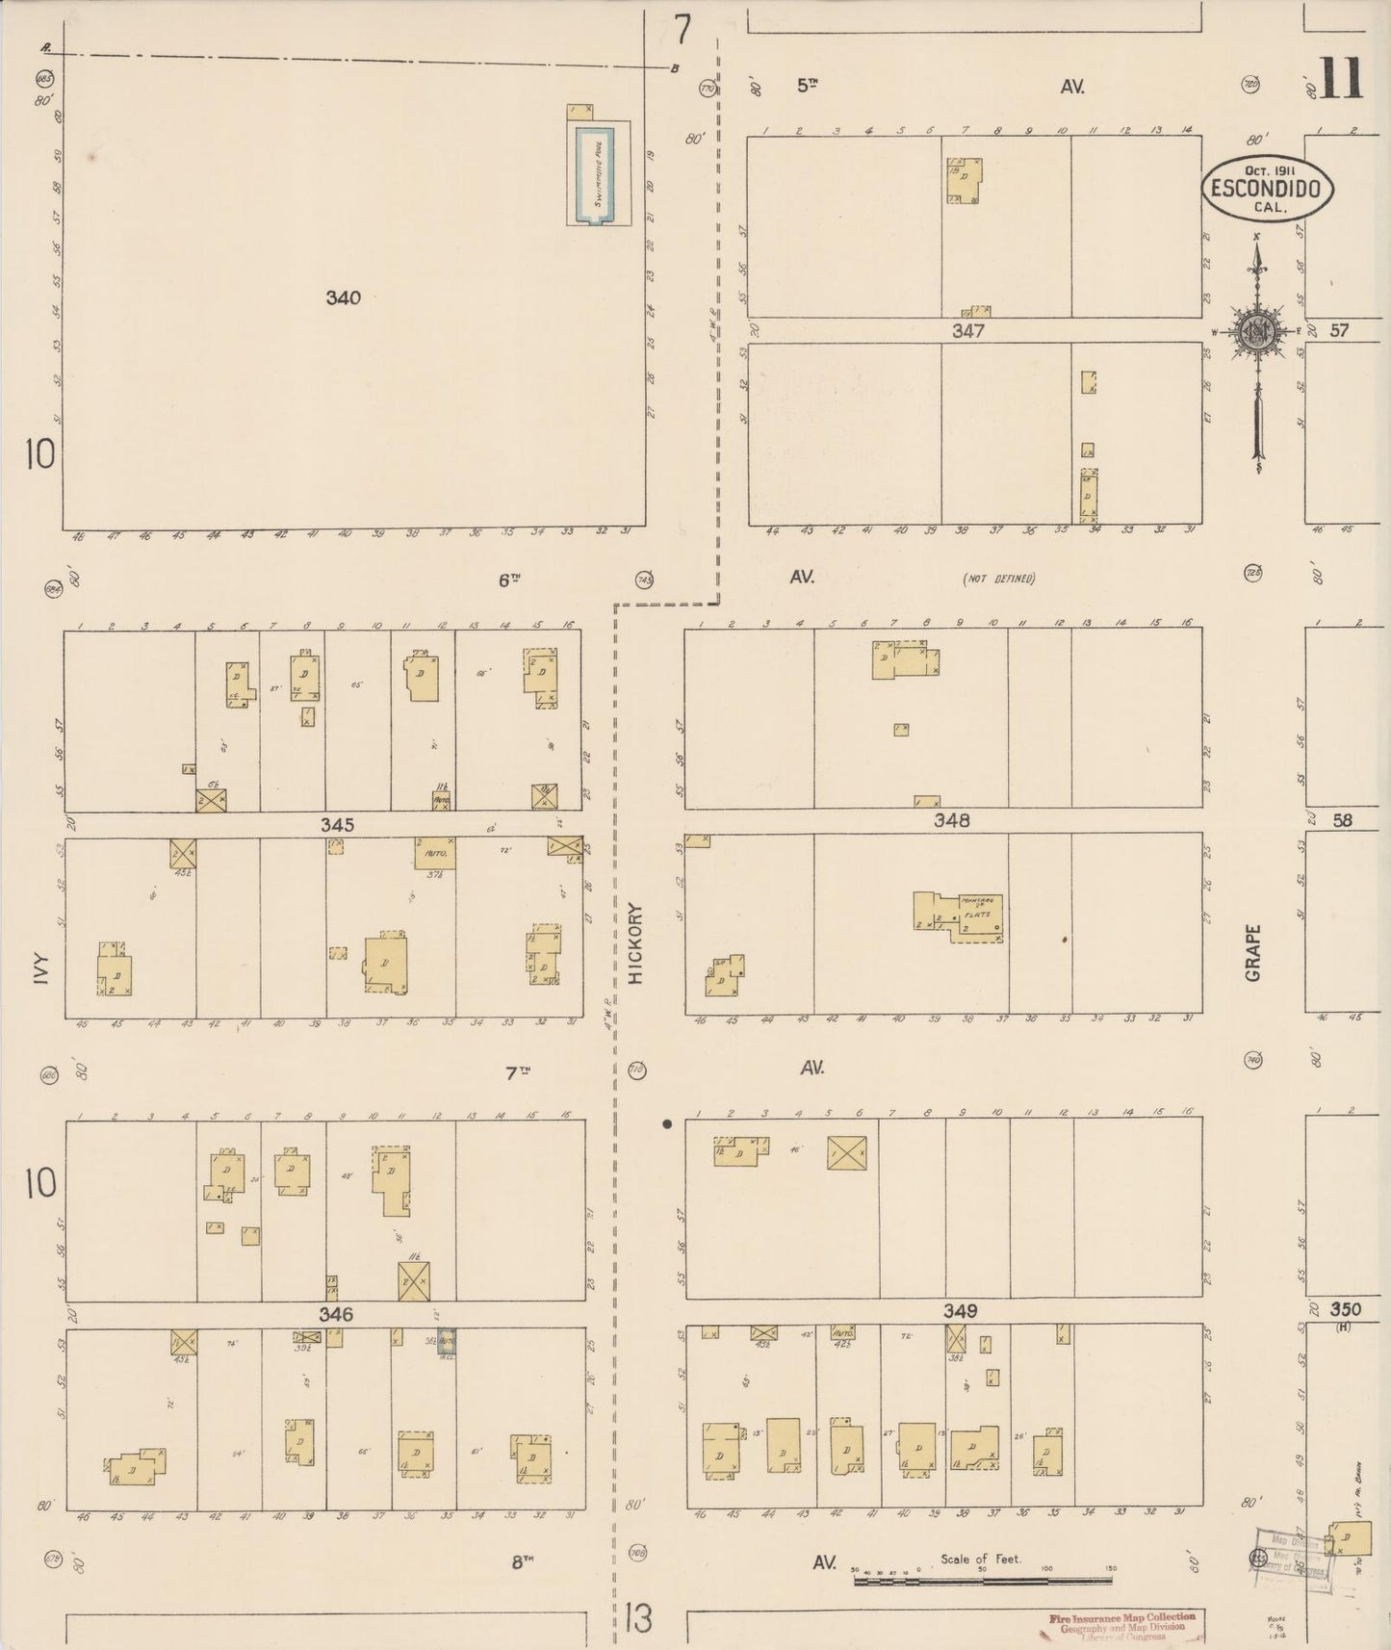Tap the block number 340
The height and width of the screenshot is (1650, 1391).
[343, 298]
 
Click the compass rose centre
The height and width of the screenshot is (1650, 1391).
[1256, 332]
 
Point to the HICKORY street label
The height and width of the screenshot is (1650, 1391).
[635, 942]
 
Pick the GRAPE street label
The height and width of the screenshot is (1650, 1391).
[1253, 953]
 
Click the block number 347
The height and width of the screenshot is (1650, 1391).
[968, 331]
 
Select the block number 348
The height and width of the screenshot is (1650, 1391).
[951, 821]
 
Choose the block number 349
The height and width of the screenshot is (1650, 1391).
[960, 1311]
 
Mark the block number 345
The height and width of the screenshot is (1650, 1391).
[337, 825]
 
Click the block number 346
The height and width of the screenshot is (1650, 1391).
[336, 1314]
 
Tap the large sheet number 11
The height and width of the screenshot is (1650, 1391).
[1340, 79]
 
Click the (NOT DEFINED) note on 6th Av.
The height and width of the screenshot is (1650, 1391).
[998, 579]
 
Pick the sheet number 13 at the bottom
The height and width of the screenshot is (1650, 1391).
[636, 1618]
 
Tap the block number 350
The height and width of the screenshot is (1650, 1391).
[1345, 1309]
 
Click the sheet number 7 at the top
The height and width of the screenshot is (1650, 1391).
[683, 31]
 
